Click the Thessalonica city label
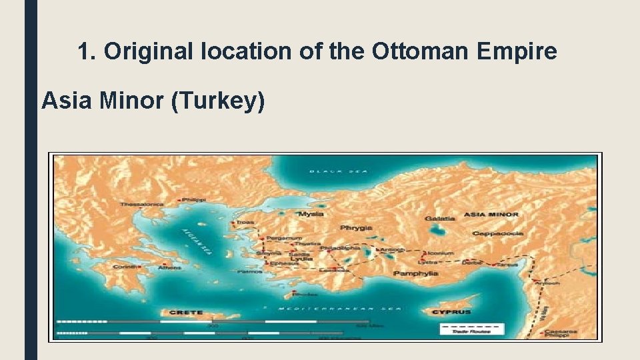tap(142, 205)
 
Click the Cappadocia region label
tap(498, 233)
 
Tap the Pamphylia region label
tap(415, 273)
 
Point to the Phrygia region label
tap(356, 227)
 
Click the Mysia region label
tap(311, 214)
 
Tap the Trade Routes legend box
tap(471, 329)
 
